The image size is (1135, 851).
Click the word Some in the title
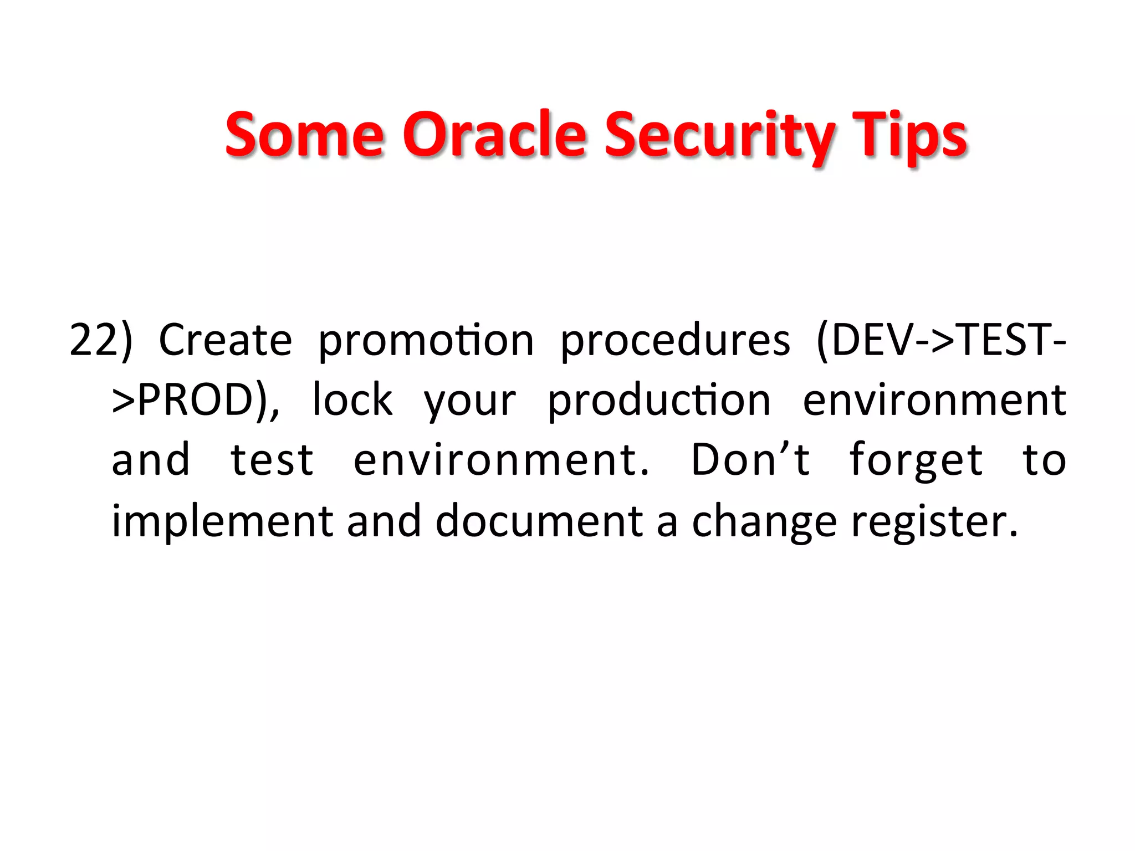[304, 135]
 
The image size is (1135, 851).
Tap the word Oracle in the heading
[493, 135]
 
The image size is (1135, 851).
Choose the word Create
[225, 340]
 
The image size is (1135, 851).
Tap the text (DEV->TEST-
[940, 340]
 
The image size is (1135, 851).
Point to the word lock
[352, 400]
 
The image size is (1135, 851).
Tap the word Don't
[751, 460]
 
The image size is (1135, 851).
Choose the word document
[539, 521]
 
